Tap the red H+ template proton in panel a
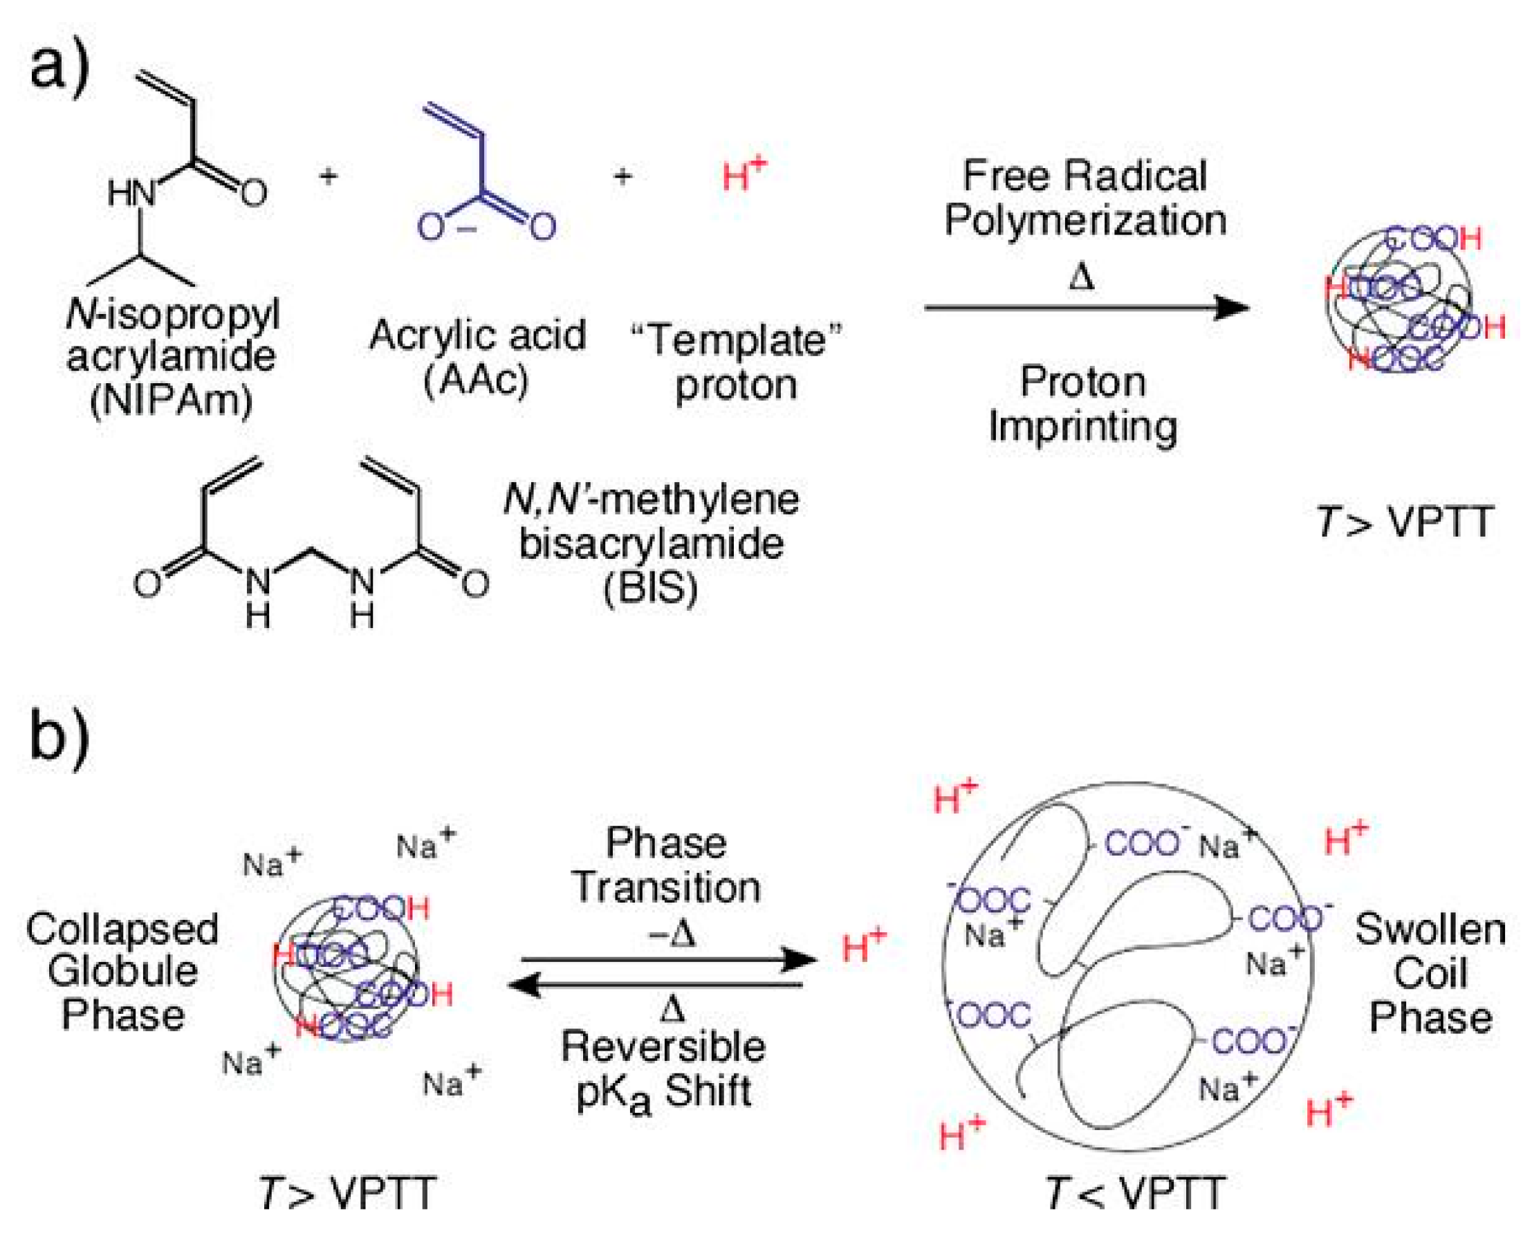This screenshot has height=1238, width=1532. (x=744, y=174)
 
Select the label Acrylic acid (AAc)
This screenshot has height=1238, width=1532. (x=477, y=357)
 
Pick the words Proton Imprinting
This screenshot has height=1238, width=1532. (x=1082, y=404)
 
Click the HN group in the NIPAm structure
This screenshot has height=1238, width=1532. (x=131, y=192)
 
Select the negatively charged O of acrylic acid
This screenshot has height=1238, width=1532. (x=432, y=227)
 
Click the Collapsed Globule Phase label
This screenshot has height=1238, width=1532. (x=122, y=971)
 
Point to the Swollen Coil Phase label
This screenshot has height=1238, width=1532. (x=1430, y=972)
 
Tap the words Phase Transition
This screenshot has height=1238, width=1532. (x=666, y=865)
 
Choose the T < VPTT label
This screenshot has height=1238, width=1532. (x=1136, y=1192)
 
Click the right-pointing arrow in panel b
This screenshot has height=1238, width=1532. (x=668, y=959)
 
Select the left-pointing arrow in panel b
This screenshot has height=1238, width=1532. (x=656, y=986)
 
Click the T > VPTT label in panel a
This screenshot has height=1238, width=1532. (x=1403, y=521)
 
